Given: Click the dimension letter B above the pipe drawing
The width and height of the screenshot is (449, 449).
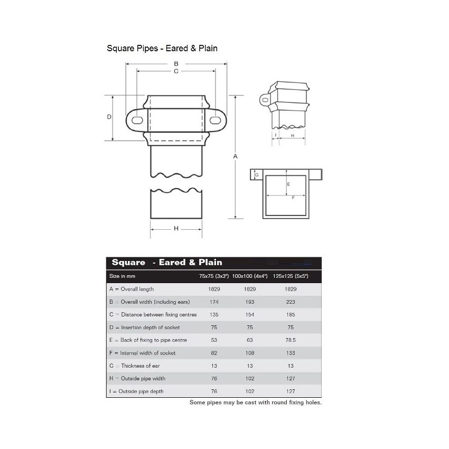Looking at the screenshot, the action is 176,63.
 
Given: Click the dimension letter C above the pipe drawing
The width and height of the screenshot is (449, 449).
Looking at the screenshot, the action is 176,71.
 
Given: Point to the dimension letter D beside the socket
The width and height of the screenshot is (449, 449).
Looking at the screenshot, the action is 109,117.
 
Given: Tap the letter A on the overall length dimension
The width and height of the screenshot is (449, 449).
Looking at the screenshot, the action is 236,156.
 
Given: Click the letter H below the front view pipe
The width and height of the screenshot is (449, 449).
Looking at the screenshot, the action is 176,229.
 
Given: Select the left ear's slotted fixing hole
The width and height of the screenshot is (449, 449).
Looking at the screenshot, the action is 137,120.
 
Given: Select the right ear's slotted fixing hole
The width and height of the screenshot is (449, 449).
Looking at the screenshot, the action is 216,120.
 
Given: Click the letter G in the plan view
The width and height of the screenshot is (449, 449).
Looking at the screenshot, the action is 257,175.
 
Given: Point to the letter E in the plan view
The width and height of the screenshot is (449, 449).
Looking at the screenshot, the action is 288,184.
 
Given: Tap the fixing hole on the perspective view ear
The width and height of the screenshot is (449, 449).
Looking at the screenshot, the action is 266,100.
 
